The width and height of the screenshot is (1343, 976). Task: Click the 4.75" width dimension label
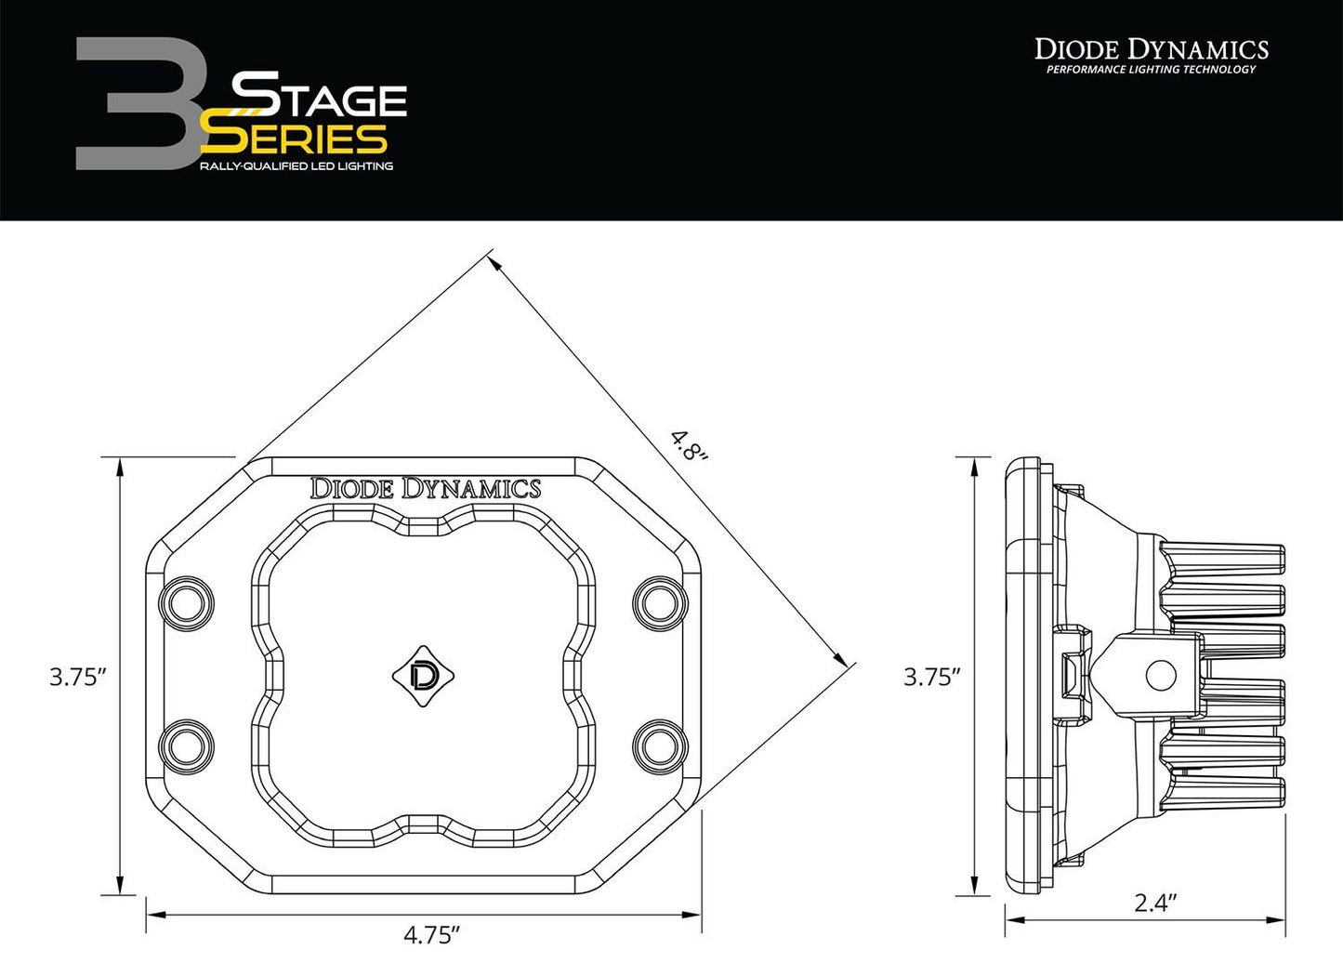[431, 934]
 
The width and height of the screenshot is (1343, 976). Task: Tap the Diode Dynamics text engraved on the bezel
[425, 488]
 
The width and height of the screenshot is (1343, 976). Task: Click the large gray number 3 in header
[135, 104]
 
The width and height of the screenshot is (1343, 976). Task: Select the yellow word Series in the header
[296, 139]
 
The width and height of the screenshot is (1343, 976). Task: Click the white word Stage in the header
[319, 96]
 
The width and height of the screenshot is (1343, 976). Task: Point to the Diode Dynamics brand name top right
[1152, 48]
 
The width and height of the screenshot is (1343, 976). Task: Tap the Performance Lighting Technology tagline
[1151, 71]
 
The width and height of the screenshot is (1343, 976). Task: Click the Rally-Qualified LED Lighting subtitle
[296, 166]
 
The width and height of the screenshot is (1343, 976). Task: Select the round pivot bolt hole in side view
[1161, 676]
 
